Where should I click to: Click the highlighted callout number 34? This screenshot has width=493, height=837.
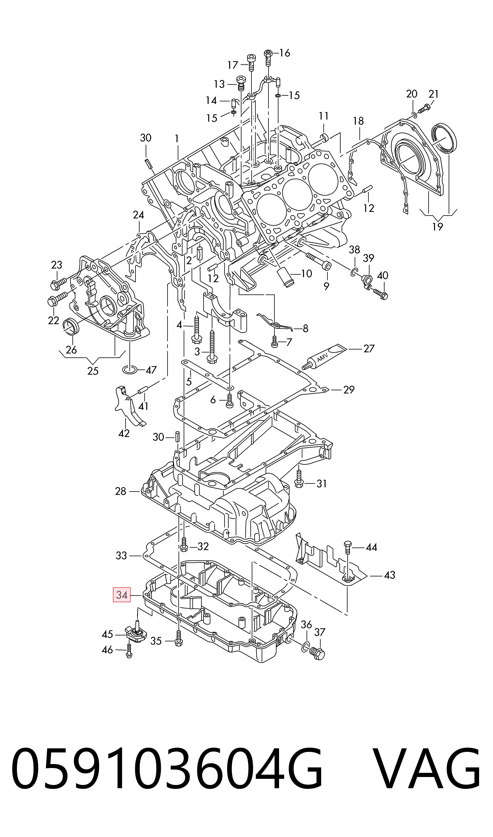pos(122,595)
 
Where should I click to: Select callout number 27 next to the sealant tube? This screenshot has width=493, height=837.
pos(369,349)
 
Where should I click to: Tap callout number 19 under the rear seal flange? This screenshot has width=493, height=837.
pos(438,227)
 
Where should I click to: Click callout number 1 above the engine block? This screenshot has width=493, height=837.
pos(177,139)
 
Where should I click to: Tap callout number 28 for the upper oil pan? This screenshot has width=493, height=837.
pos(121,491)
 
